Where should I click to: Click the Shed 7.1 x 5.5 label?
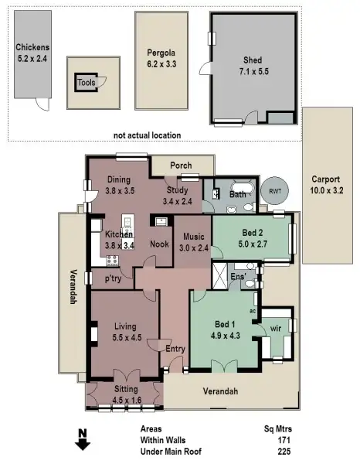(x=253, y=66)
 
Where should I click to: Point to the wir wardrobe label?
(x=276, y=329)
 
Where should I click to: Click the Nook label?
(x=159, y=244)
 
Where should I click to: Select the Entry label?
(x=176, y=350)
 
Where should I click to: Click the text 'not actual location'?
(x=147, y=135)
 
